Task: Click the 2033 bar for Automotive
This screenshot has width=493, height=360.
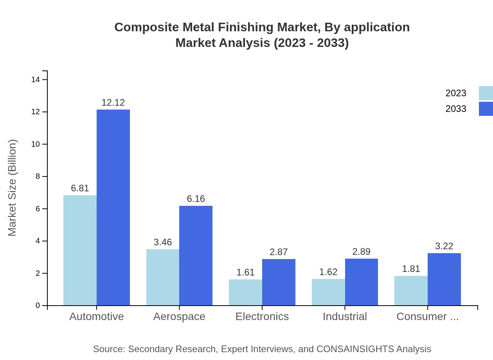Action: (113, 207)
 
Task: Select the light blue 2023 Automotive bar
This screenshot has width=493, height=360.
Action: (80, 250)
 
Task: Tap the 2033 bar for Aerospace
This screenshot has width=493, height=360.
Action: (196, 256)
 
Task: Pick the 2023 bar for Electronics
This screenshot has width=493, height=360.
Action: (245, 292)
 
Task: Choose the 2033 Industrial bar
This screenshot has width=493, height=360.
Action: (361, 282)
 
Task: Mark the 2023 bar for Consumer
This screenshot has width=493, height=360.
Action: (411, 290)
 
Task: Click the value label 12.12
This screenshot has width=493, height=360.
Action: (113, 103)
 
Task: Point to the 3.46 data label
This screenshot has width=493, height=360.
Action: (163, 242)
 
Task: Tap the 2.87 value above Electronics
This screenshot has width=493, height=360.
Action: (279, 252)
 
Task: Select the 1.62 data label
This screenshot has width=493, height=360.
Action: (328, 272)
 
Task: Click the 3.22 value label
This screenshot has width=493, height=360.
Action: (444, 246)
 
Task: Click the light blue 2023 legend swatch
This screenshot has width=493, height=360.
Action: (486, 93)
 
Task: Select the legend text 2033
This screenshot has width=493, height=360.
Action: (456, 109)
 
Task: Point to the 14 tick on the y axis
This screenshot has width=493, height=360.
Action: (36, 80)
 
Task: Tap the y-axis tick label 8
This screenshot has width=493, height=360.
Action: (38, 176)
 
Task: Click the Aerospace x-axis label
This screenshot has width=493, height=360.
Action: (179, 317)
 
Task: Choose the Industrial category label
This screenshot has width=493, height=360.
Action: (345, 317)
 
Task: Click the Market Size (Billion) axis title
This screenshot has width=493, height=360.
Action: (13, 188)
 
